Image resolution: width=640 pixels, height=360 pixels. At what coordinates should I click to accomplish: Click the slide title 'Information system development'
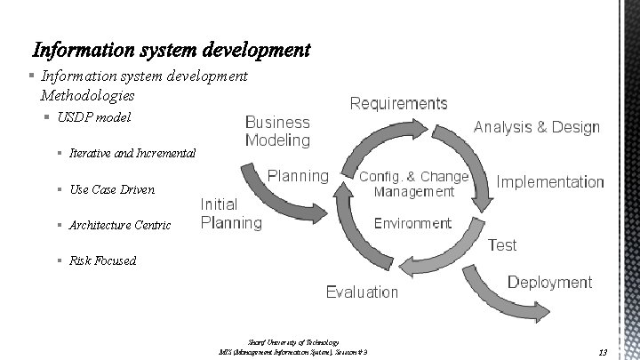(172, 47)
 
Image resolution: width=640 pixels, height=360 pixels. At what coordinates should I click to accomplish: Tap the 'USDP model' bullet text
(93, 117)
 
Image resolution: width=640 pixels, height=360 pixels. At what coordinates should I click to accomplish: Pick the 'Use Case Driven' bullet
(111, 189)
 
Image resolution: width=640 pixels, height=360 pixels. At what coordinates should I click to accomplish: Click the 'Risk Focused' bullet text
(102, 260)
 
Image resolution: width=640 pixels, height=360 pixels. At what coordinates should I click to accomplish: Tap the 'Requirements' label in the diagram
(397, 104)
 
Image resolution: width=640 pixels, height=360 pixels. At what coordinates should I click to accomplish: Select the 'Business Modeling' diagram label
(277, 131)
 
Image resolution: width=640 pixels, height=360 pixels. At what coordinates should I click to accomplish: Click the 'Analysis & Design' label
(536, 127)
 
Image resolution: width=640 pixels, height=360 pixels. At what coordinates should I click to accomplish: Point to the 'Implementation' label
(550, 182)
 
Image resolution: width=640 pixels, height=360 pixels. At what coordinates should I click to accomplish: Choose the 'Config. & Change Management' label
(413, 184)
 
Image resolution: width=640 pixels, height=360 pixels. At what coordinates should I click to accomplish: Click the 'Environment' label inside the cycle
(412, 223)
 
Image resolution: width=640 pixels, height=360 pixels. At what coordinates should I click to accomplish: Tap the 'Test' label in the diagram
(502, 244)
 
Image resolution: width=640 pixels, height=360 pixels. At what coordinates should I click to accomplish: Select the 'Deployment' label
(548, 282)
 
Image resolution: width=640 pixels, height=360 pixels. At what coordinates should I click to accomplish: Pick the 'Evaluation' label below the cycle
(362, 292)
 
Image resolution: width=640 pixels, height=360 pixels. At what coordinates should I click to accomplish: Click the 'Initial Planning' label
(231, 213)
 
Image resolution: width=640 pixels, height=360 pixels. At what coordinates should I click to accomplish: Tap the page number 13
(603, 352)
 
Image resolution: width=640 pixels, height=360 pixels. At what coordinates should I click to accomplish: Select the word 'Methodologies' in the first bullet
(87, 94)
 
